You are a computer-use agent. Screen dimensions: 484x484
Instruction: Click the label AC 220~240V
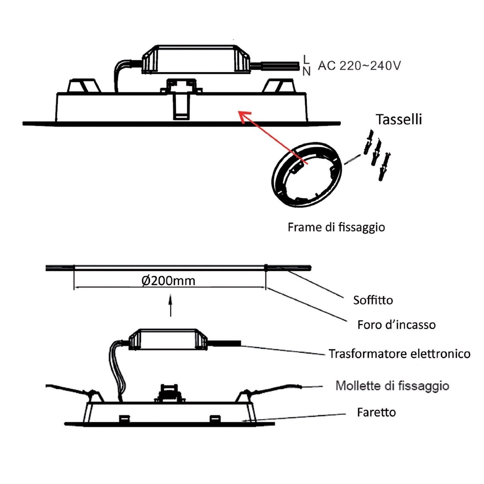pyautogui.click(x=359, y=66)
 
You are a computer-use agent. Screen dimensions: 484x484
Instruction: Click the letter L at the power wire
pyautogui.click(x=306, y=59)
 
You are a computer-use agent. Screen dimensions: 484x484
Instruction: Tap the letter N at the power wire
pyautogui.click(x=306, y=71)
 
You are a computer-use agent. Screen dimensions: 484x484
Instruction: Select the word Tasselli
pyautogui.click(x=399, y=120)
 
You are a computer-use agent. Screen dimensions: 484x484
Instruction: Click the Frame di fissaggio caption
pyautogui.click(x=336, y=227)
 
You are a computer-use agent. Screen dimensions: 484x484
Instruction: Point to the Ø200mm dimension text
pyautogui.click(x=168, y=281)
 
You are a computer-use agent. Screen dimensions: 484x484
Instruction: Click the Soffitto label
pyautogui.click(x=373, y=300)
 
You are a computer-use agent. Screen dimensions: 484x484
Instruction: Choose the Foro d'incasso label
pyautogui.click(x=396, y=325)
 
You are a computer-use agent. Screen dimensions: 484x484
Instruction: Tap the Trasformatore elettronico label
pyautogui.click(x=399, y=354)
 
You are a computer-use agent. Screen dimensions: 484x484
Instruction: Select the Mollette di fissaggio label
pyautogui.click(x=392, y=386)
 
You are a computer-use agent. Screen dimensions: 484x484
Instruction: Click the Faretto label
pyautogui.click(x=376, y=412)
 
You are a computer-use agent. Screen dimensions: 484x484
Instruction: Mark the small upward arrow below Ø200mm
pyautogui.click(x=171, y=305)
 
